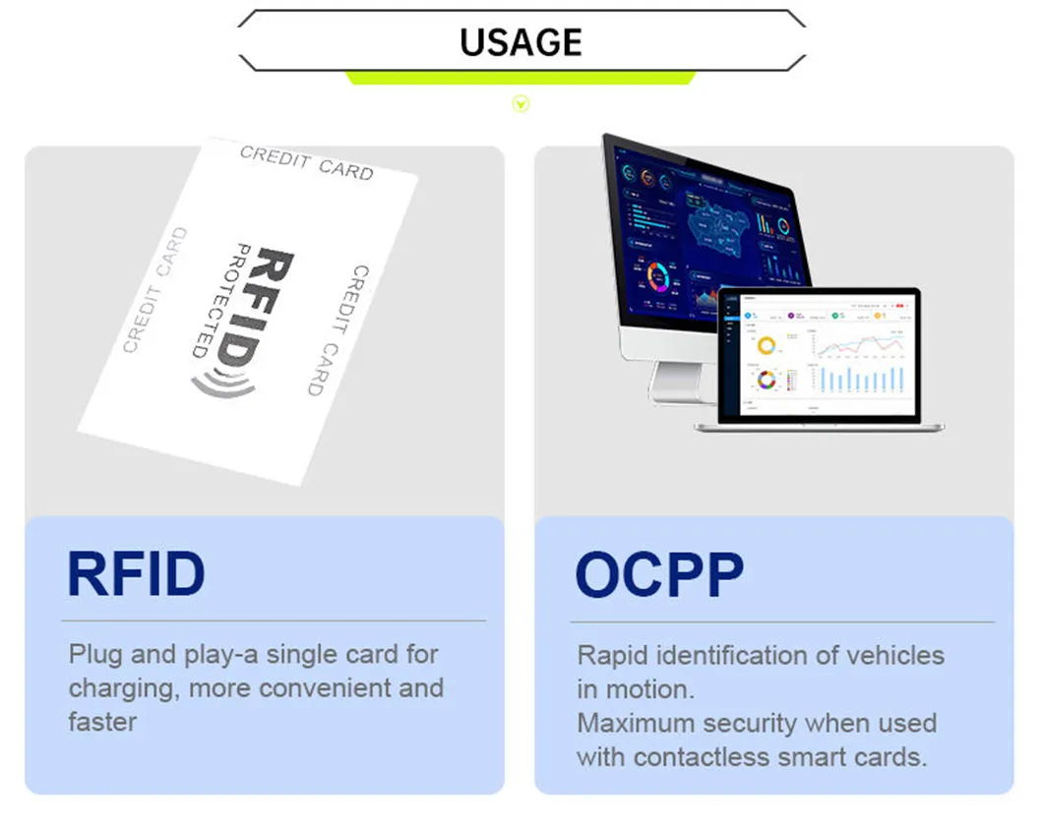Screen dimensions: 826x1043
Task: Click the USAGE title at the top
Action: point(521,41)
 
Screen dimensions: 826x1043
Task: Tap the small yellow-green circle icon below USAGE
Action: point(521,103)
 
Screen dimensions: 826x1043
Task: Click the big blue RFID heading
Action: point(136,574)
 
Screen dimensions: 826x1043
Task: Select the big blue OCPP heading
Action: point(659,575)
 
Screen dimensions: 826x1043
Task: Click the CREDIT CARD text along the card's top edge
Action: point(306,163)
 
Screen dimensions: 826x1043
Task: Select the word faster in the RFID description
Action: point(102,721)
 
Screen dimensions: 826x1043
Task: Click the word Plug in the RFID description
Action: point(92,654)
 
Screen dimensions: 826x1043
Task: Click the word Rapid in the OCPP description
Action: point(612,655)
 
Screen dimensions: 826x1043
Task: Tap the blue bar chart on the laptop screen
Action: point(860,380)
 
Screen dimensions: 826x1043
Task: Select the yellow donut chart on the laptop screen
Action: point(767,346)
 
